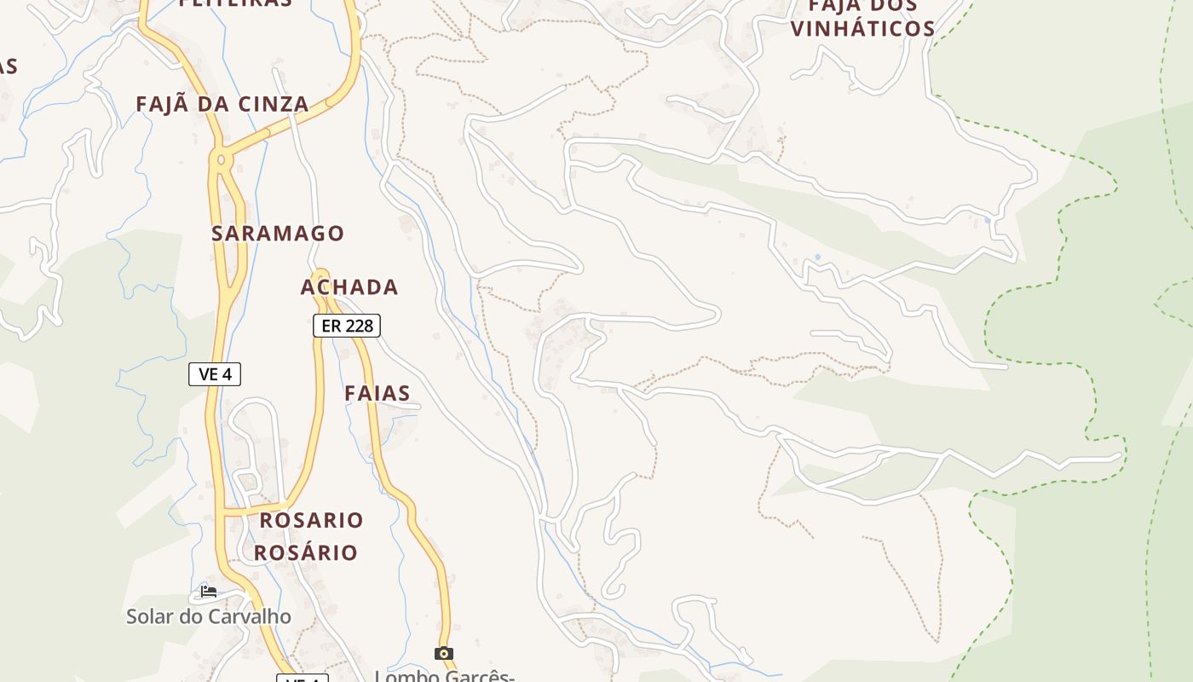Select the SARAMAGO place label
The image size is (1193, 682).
pyautogui.click(x=278, y=233)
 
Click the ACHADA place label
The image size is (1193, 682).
pyautogui.click(x=349, y=287)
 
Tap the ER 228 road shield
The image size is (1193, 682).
pyautogui.click(x=346, y=326)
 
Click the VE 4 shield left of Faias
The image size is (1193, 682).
pyautogui.click(x=215, y=374)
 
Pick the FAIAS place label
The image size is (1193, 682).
pyautogui.click(x=377, y=393)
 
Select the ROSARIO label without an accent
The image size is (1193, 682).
pyautogui.click(x=311, y=520)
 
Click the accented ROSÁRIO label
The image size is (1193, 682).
pyautogui.click(x=306, y=552)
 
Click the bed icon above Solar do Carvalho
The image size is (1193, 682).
pyautogui.click(x=208, y=591)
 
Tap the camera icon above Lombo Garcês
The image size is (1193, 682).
pyautogui.click(x=443, y=653)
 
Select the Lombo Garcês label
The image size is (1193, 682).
pyautogui.click(x=444, y=676)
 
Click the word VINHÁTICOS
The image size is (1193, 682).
pyautogui.click(x=862, y=28)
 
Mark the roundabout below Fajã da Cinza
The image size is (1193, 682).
pyautogui.click(x=222, y=159)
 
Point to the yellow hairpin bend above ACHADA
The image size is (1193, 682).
pyautogui.click(x=320, y=275)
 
